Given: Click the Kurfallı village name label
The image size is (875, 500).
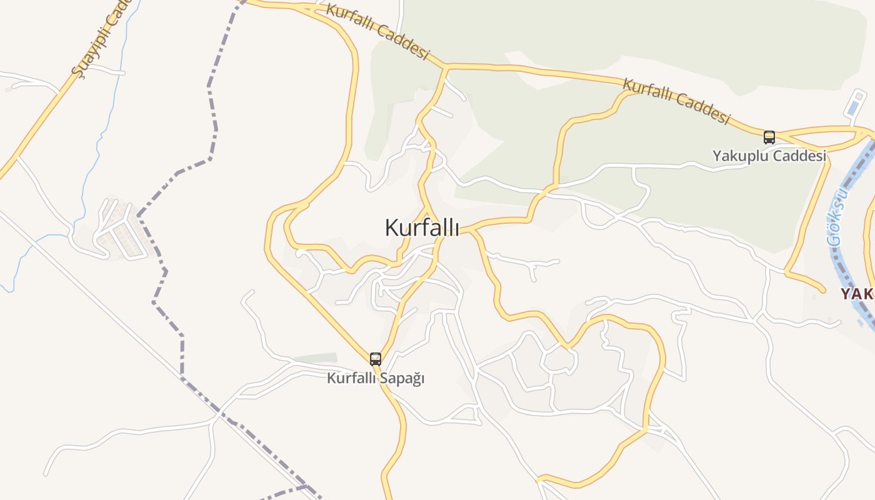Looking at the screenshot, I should click(422, 227).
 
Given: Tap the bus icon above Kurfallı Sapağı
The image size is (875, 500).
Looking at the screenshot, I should click(375, 359).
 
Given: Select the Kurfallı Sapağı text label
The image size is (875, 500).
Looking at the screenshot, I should click(376, 378).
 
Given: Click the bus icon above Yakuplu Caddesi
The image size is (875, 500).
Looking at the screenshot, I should click(769, 137).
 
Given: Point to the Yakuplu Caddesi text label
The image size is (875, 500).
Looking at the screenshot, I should click(769, 156).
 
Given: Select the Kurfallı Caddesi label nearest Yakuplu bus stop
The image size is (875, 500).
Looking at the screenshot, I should click(676, 101).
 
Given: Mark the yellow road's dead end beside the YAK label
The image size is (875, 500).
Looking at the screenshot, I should click(822, 289).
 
